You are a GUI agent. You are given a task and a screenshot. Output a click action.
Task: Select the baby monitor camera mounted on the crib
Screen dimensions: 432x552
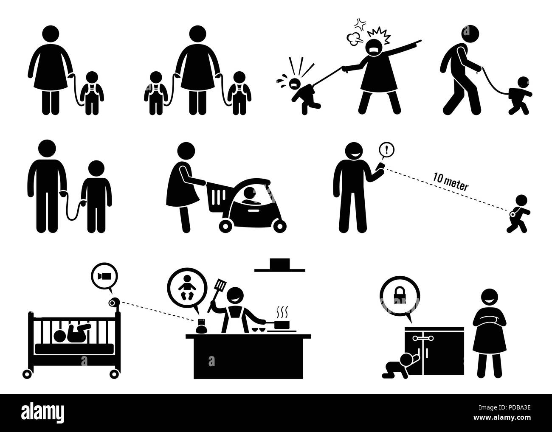(113, 302)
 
